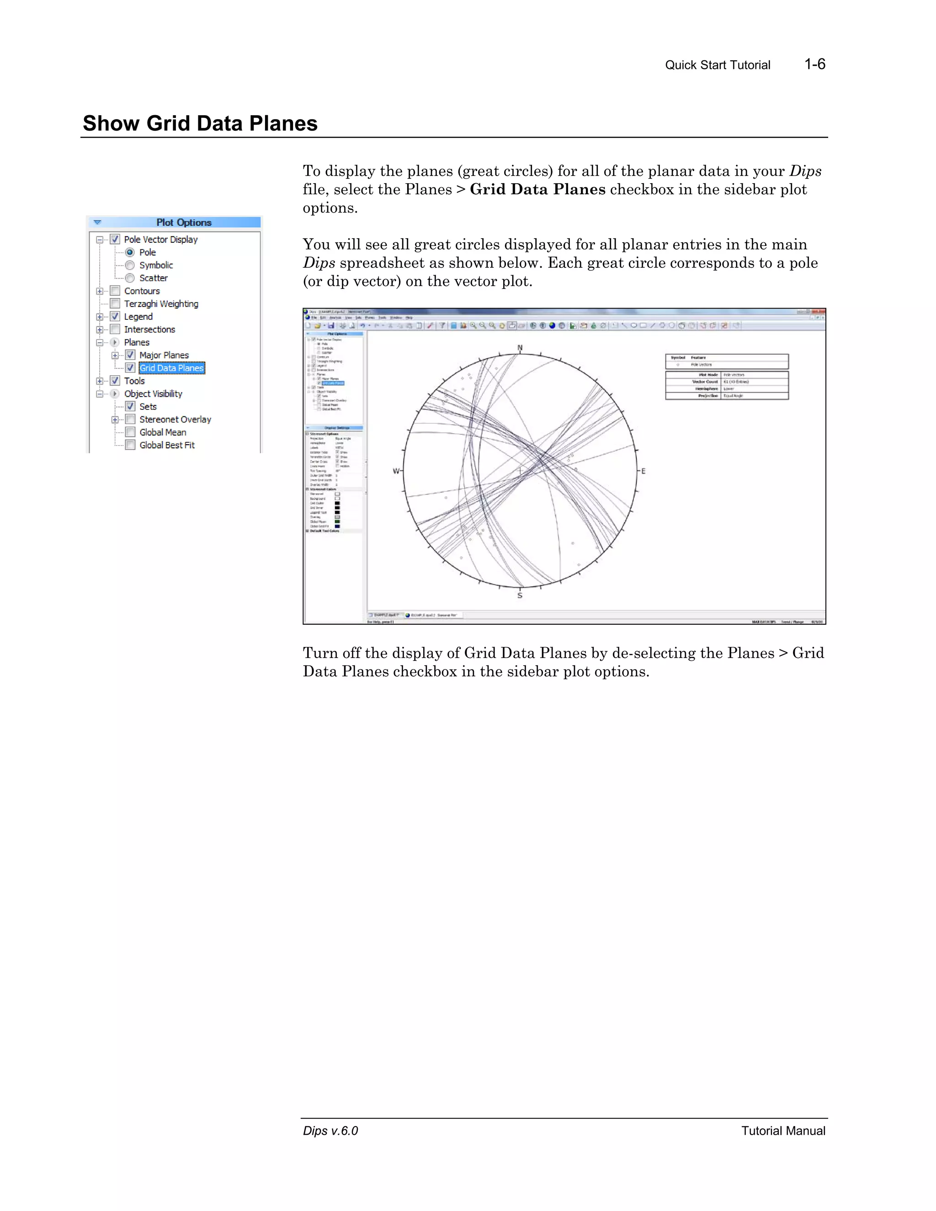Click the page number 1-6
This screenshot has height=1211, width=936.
(x=814, y=64)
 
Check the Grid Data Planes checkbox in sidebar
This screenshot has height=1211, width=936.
(x=130, y=367)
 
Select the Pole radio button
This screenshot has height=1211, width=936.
(x=130, y=252)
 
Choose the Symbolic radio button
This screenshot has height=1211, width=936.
(x=130, y=265)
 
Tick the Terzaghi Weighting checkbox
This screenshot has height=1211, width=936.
(x=115, y=303)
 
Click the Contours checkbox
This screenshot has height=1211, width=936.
(x=115, y=291)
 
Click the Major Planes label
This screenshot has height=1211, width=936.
(x=164, y=355)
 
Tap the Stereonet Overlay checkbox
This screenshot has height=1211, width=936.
(x=130, y=419)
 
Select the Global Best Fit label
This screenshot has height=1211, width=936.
(x=167, y=445)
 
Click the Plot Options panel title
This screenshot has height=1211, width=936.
(x=184, y=223)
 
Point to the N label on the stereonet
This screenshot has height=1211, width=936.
(x=520, y=348)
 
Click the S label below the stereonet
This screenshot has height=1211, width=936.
(x=520, y=595)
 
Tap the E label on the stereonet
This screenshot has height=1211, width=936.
(x=643, y=471)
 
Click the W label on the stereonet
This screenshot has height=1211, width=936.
(x=396, y=471)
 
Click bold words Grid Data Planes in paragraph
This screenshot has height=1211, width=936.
(x=537, y=190)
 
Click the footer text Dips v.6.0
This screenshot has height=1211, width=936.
(x=330, y=1131)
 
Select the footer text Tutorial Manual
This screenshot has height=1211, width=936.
(x=783, y=1131)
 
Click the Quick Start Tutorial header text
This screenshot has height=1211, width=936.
(x=717, y=65)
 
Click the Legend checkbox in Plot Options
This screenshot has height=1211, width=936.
(x=115, y=316)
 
